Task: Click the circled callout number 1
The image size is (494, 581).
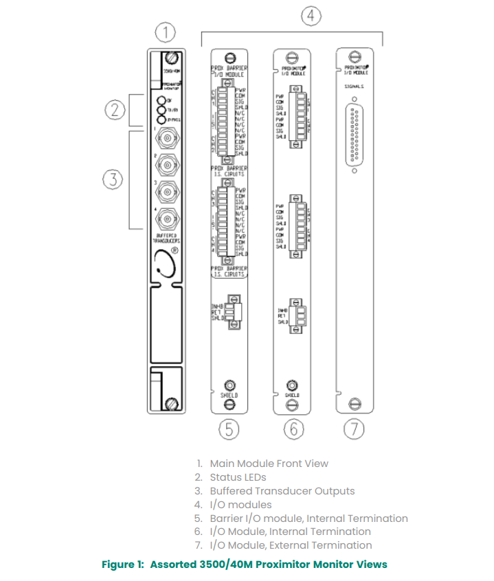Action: click(x=166, y=32)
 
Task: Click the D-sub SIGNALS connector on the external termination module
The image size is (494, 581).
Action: click(x=355, y=137)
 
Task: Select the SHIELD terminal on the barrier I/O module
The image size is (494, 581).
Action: click(x=229, y=385)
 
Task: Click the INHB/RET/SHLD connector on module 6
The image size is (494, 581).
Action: click(x=296, y=315)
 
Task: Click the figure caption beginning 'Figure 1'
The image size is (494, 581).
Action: click(x=244, y=565)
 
